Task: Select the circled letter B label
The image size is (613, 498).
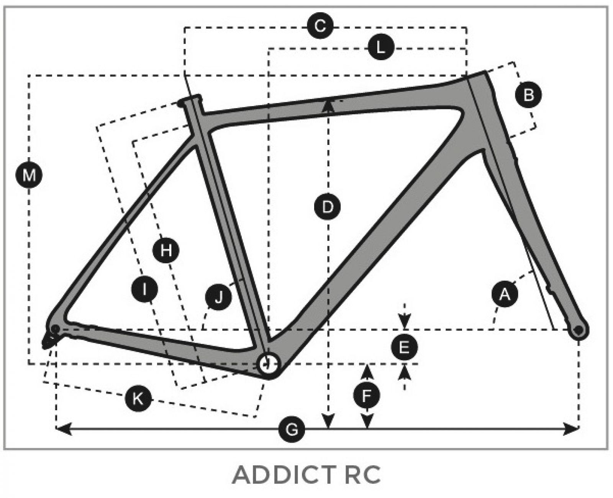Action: coord(528,95)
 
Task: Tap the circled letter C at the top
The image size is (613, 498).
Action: coord(320,26)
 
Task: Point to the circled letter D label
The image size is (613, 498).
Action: coord(328,207)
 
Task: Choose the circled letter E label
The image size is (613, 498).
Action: coord(404,347)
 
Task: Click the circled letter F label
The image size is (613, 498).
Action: coord(367,396)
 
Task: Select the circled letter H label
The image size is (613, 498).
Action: coord(166,250)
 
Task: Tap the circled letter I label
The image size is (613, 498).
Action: coord(144,289)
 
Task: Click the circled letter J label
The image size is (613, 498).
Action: coord(218,297)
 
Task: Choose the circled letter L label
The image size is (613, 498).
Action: coord(381,47)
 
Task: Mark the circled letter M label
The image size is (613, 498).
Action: coord(29,175)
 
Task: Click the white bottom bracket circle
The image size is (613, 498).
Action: coord(268,364)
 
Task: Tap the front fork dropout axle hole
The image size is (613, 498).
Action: coord(579,330)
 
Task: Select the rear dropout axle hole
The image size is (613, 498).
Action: coord(55,329)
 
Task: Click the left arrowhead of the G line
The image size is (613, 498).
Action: coord(63,429)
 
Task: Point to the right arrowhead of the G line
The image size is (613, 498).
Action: coord(571,429)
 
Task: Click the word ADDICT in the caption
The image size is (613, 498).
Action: coord(284,475)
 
